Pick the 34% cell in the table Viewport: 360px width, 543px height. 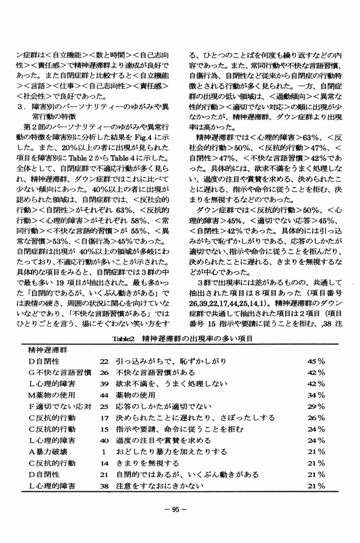(316, 395)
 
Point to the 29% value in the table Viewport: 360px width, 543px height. (316, 406)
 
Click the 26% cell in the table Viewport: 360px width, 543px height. (316, 417)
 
